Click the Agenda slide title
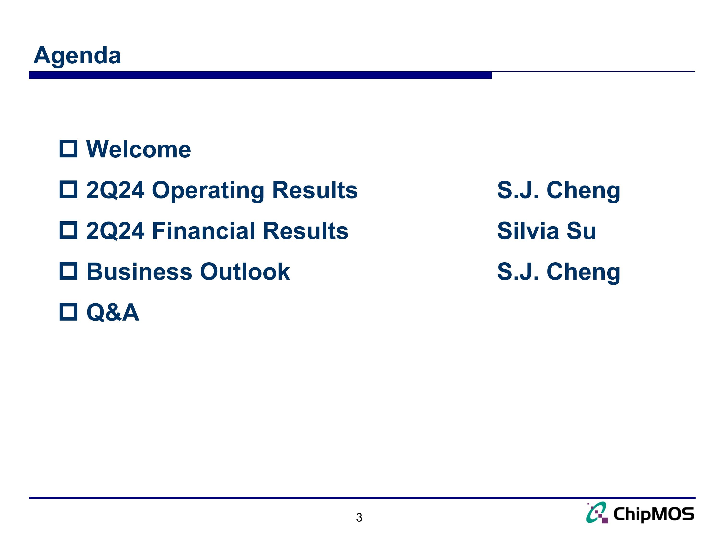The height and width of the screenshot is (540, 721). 77,55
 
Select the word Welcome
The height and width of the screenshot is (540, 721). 138,150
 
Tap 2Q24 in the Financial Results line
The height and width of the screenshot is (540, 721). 115,231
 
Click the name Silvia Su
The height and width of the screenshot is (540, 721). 546,231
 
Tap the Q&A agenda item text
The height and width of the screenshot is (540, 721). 113,312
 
